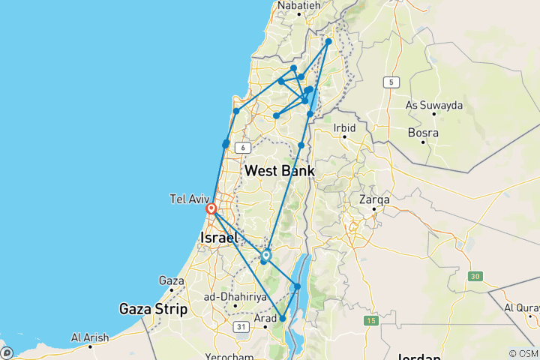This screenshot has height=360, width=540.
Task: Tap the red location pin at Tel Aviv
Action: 211,209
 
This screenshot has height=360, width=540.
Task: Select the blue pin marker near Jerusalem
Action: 265,256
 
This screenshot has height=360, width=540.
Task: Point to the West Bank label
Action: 279,171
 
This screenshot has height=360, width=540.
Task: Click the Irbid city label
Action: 344,127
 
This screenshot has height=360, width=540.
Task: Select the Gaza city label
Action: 171,281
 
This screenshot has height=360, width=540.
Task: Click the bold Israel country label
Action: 218,238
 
